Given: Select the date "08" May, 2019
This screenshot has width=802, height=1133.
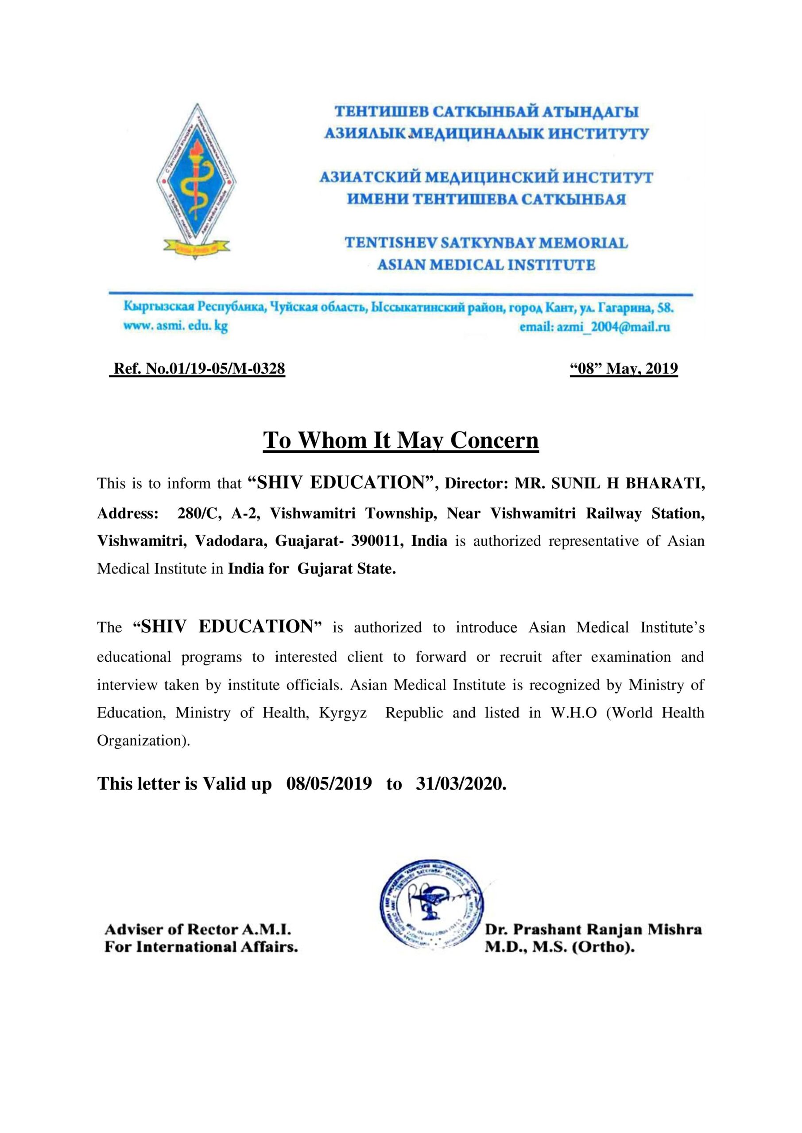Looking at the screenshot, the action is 624,369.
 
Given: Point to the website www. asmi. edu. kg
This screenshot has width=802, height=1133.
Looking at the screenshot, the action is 175,326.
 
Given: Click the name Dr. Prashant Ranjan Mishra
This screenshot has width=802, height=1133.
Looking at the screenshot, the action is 593,930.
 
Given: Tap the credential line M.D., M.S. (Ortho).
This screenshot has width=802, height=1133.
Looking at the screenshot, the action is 559,947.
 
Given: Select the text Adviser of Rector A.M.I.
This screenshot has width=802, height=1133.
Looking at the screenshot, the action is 198,930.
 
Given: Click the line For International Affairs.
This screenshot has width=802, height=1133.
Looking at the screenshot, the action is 201,947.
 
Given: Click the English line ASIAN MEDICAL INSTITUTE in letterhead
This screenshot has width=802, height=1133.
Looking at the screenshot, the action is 486,265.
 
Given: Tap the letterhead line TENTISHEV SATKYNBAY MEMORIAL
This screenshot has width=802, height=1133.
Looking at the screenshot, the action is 486,243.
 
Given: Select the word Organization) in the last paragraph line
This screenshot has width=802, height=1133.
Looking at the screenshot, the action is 143,741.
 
